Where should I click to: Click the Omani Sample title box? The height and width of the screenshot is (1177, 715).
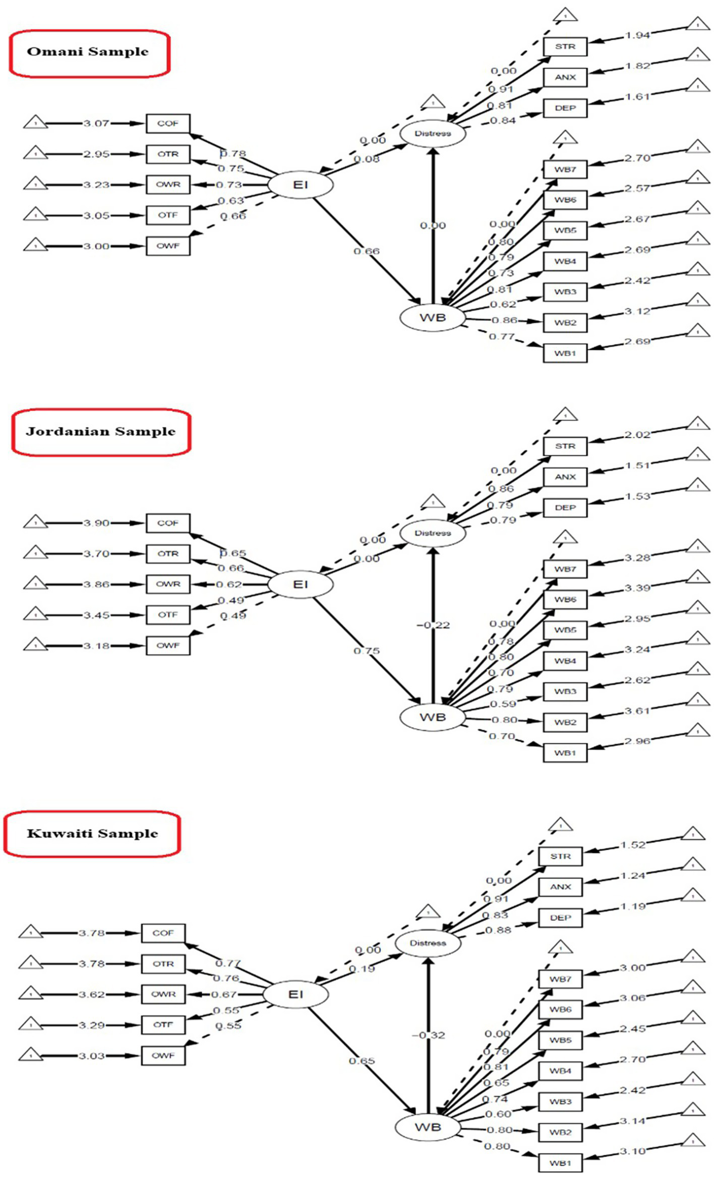[89, 53]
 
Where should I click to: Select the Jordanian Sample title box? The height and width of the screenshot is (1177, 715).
[101, 432]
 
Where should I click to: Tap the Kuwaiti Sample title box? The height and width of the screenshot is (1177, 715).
[92, 834]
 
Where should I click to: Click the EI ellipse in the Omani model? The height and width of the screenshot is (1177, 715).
[300, 185]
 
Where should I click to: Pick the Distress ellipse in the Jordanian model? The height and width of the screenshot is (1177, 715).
[433, 533]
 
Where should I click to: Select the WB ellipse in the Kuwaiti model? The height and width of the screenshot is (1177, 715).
[428, 1127]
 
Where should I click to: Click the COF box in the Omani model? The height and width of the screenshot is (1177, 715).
[168, 124]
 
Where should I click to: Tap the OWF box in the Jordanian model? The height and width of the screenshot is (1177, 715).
[168, 645]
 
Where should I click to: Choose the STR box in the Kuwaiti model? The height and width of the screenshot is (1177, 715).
[560, 856]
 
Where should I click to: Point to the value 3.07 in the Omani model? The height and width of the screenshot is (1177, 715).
[96, 124]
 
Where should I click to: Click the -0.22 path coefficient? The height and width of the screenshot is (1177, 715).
[433, 625]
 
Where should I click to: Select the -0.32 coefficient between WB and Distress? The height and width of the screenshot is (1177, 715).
[428, 1035]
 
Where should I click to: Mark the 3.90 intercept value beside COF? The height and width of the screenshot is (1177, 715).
[96, 523]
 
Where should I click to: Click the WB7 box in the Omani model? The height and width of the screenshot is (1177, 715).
[565, 169]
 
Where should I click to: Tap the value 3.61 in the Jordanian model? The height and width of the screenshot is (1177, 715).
[637, 711]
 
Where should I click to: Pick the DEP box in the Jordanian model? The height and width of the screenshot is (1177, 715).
[565, 508]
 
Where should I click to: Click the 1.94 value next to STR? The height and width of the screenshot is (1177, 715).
[637, 35]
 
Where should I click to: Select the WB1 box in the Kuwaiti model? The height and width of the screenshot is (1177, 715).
[560, 1163]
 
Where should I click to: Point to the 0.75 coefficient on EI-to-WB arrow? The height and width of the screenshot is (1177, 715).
[367, 651]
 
